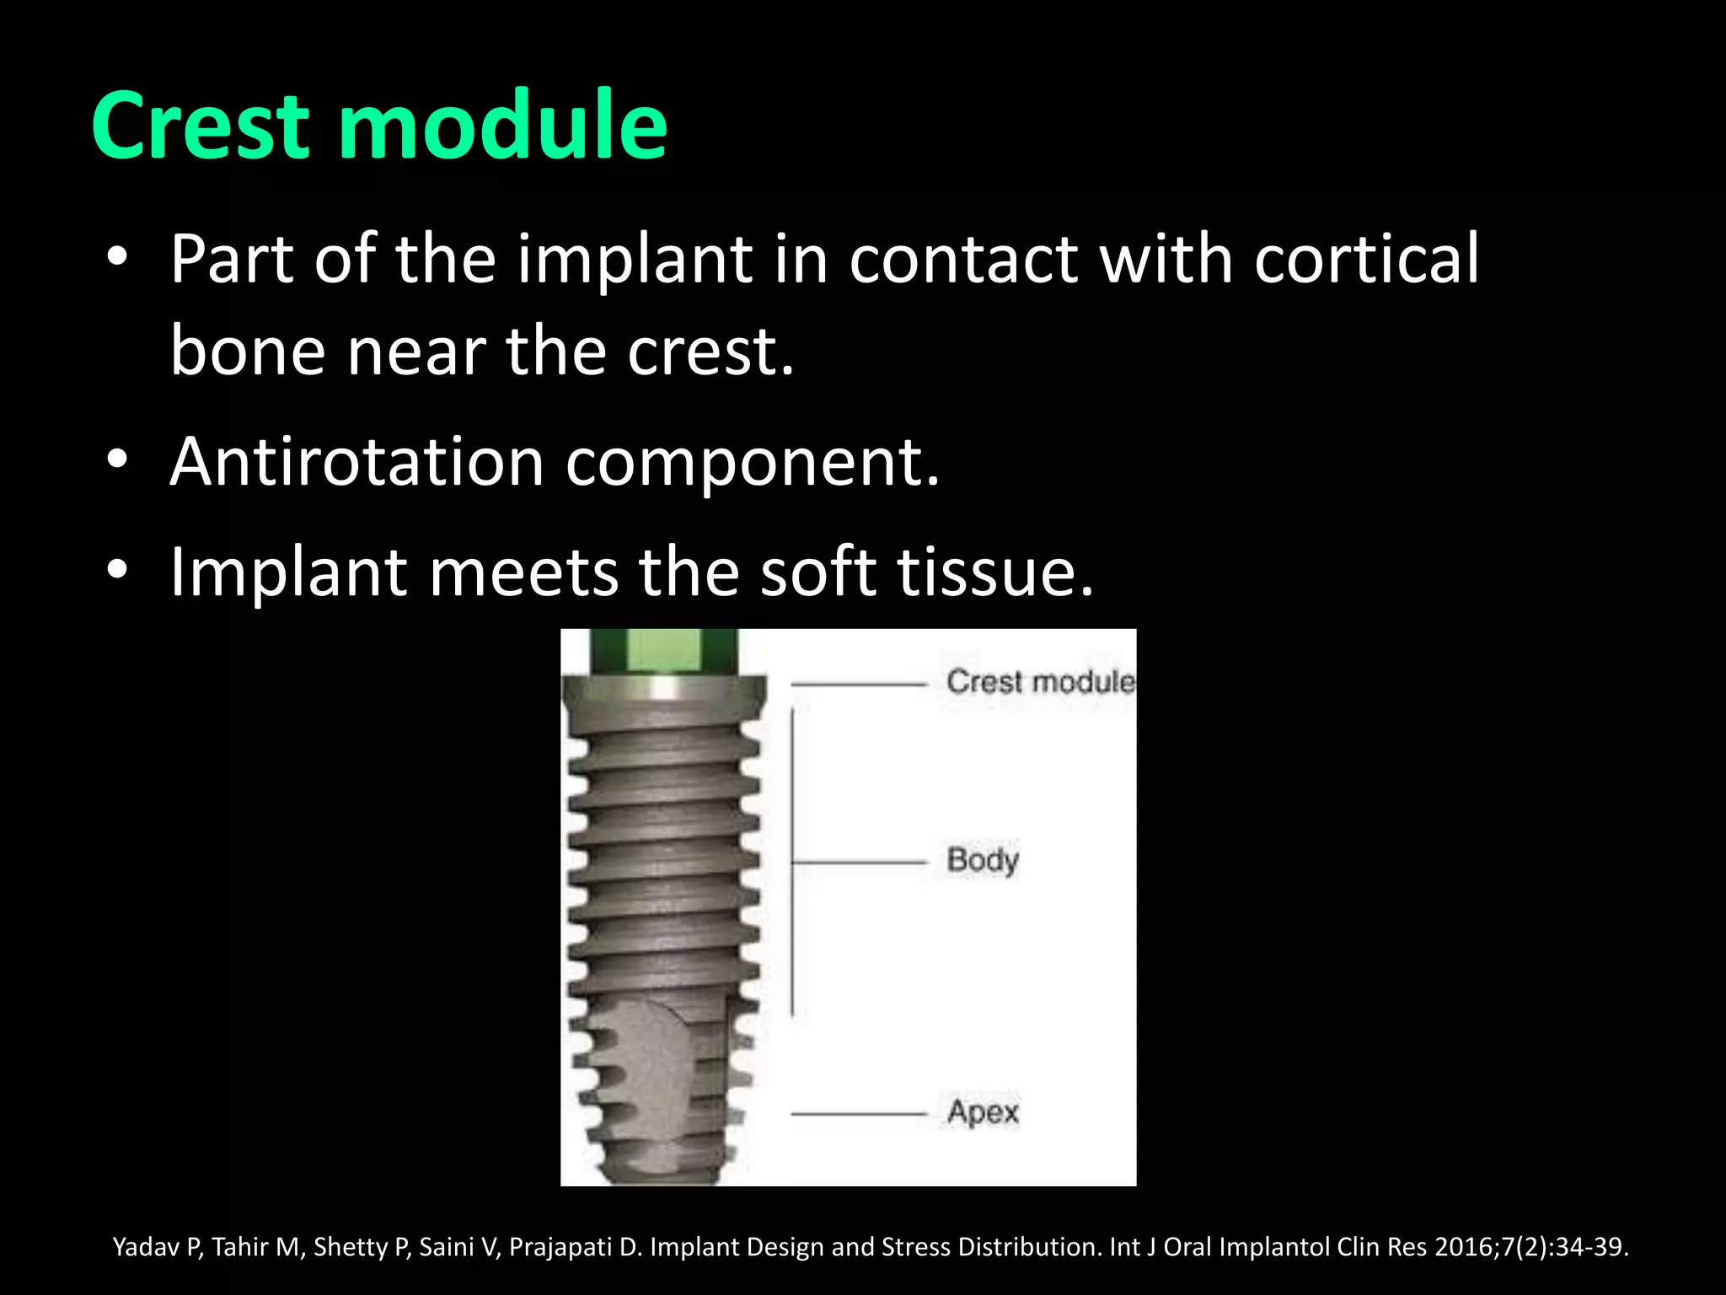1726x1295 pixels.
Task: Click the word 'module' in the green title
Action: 503,126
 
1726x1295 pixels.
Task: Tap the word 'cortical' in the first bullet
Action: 1366,260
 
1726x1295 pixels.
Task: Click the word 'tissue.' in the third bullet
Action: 994,572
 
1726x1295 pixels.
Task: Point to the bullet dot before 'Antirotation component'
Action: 117,459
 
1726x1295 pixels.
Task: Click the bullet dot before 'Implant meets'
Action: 117,570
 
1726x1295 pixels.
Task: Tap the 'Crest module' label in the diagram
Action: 1040,681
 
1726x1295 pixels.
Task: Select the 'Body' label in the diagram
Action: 983,860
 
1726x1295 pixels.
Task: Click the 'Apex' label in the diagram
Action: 983,1112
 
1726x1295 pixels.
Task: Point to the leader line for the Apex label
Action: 858,1115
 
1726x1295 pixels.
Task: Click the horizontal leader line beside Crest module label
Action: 858,685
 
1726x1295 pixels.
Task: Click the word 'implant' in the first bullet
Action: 635,260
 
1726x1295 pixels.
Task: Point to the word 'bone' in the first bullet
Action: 247,352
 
